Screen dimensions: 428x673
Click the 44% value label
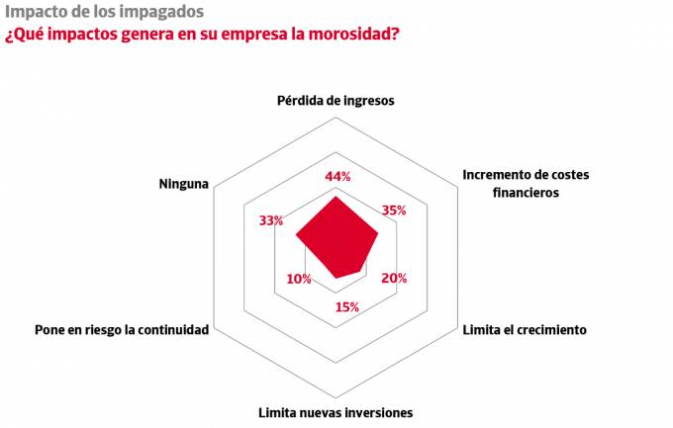338,177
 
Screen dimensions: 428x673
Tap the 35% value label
393,211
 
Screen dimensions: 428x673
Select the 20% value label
393,279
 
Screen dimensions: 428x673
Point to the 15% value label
346,306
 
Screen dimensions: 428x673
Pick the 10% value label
299,279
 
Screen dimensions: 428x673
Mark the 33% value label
271,220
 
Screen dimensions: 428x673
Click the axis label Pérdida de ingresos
336,101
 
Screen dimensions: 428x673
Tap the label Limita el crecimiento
525,329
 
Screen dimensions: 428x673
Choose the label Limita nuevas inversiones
336,412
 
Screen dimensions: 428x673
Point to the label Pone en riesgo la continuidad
122,329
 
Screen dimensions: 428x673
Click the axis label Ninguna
183,184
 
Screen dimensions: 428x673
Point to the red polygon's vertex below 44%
336,197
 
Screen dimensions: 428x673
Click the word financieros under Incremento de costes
525,193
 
